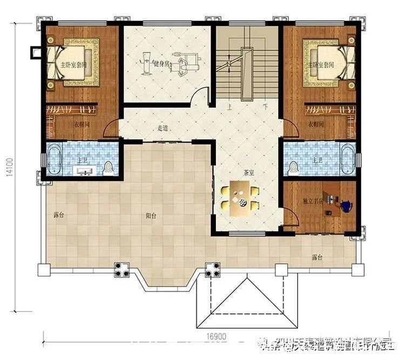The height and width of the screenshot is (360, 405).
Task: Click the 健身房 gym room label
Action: pos(161,64)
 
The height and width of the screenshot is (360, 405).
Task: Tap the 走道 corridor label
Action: pos(163,128)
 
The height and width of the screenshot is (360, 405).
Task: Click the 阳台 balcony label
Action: pos(151,215)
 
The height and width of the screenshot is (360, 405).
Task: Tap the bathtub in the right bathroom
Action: pos(347,159)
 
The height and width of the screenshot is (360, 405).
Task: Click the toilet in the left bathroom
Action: pos(109,167)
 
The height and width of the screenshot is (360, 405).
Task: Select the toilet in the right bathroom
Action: pos(293,167)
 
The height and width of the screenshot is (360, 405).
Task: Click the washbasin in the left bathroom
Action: pos(85,172)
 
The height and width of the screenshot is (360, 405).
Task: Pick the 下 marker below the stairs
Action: pos(265,107)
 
